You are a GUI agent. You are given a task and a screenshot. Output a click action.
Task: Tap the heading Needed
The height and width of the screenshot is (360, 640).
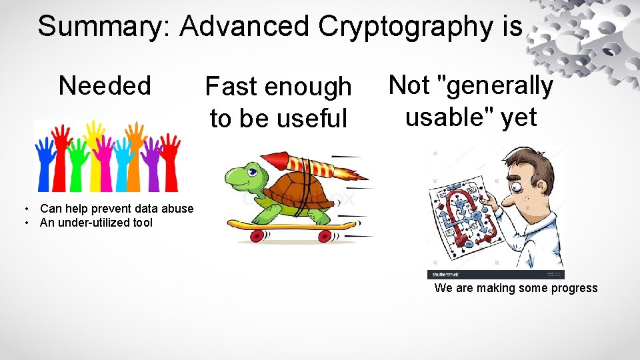[x=105, y=86]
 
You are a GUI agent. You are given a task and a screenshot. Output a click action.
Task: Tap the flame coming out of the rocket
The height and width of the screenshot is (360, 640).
[x=350, y=174]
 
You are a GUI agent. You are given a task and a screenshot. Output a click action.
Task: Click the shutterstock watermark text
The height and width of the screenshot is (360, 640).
[x=445, y=274]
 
